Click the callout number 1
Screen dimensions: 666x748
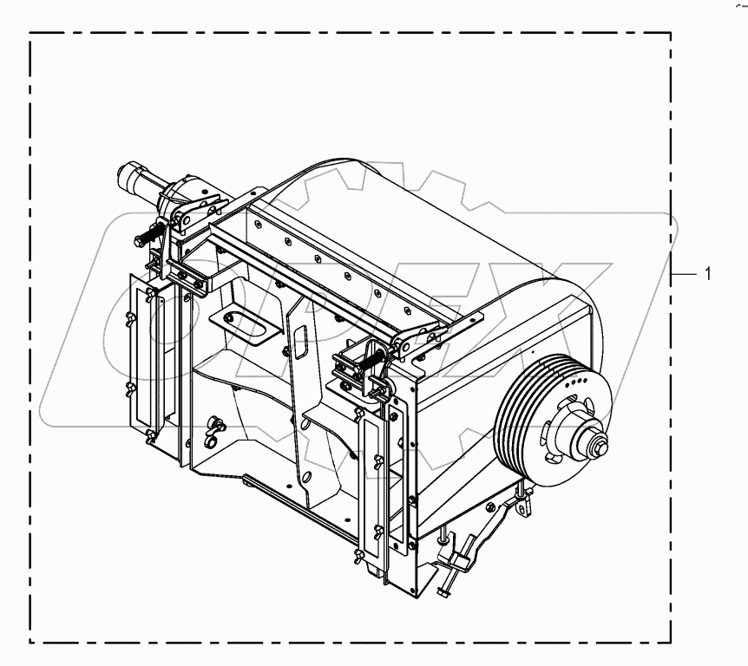[708, 274]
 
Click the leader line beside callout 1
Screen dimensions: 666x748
[684, 274]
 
